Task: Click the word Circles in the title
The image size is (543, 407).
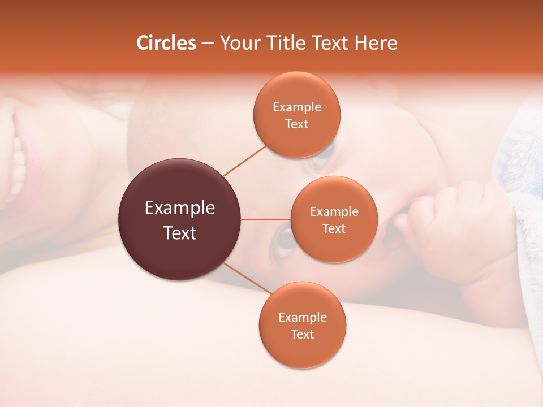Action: point(166,43)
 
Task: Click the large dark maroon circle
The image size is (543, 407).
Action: point(180,219)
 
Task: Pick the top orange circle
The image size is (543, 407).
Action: point(297,115)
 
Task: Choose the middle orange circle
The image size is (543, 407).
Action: point(334,219)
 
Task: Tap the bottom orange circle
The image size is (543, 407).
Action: point(303,326)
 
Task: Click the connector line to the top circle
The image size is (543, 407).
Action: point(245,160)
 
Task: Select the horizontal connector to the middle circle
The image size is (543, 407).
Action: point(266,219)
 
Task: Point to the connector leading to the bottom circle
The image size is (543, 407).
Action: point(247,278)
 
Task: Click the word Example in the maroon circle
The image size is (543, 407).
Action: point(180,208)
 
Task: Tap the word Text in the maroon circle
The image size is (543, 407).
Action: point(180,233)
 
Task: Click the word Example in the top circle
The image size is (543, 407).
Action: point(297,107)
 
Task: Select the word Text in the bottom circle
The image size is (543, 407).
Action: point(303,334)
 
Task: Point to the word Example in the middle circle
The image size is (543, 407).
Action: point(334,212)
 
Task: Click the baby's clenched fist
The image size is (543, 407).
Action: point(441,226)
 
